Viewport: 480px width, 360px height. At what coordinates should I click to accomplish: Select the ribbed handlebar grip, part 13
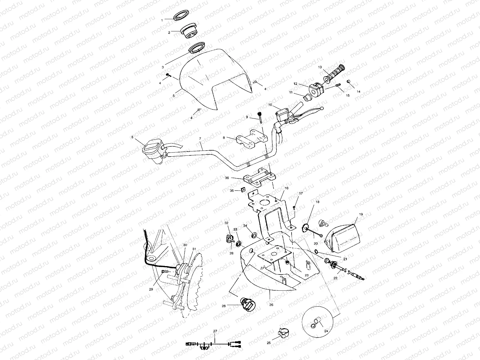[334, 74]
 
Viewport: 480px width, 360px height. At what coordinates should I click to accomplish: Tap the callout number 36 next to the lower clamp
[227, 178]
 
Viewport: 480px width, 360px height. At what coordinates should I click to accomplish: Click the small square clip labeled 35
[244, 190]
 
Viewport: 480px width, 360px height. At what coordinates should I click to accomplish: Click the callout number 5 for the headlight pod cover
[173, 96]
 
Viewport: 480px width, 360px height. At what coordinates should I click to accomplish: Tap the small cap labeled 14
[348, 81]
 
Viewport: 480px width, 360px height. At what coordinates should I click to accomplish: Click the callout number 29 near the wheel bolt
[151, 289]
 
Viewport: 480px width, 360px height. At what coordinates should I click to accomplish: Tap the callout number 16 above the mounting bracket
[286, 188]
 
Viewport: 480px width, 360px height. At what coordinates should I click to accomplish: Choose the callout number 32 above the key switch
[226, 223]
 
